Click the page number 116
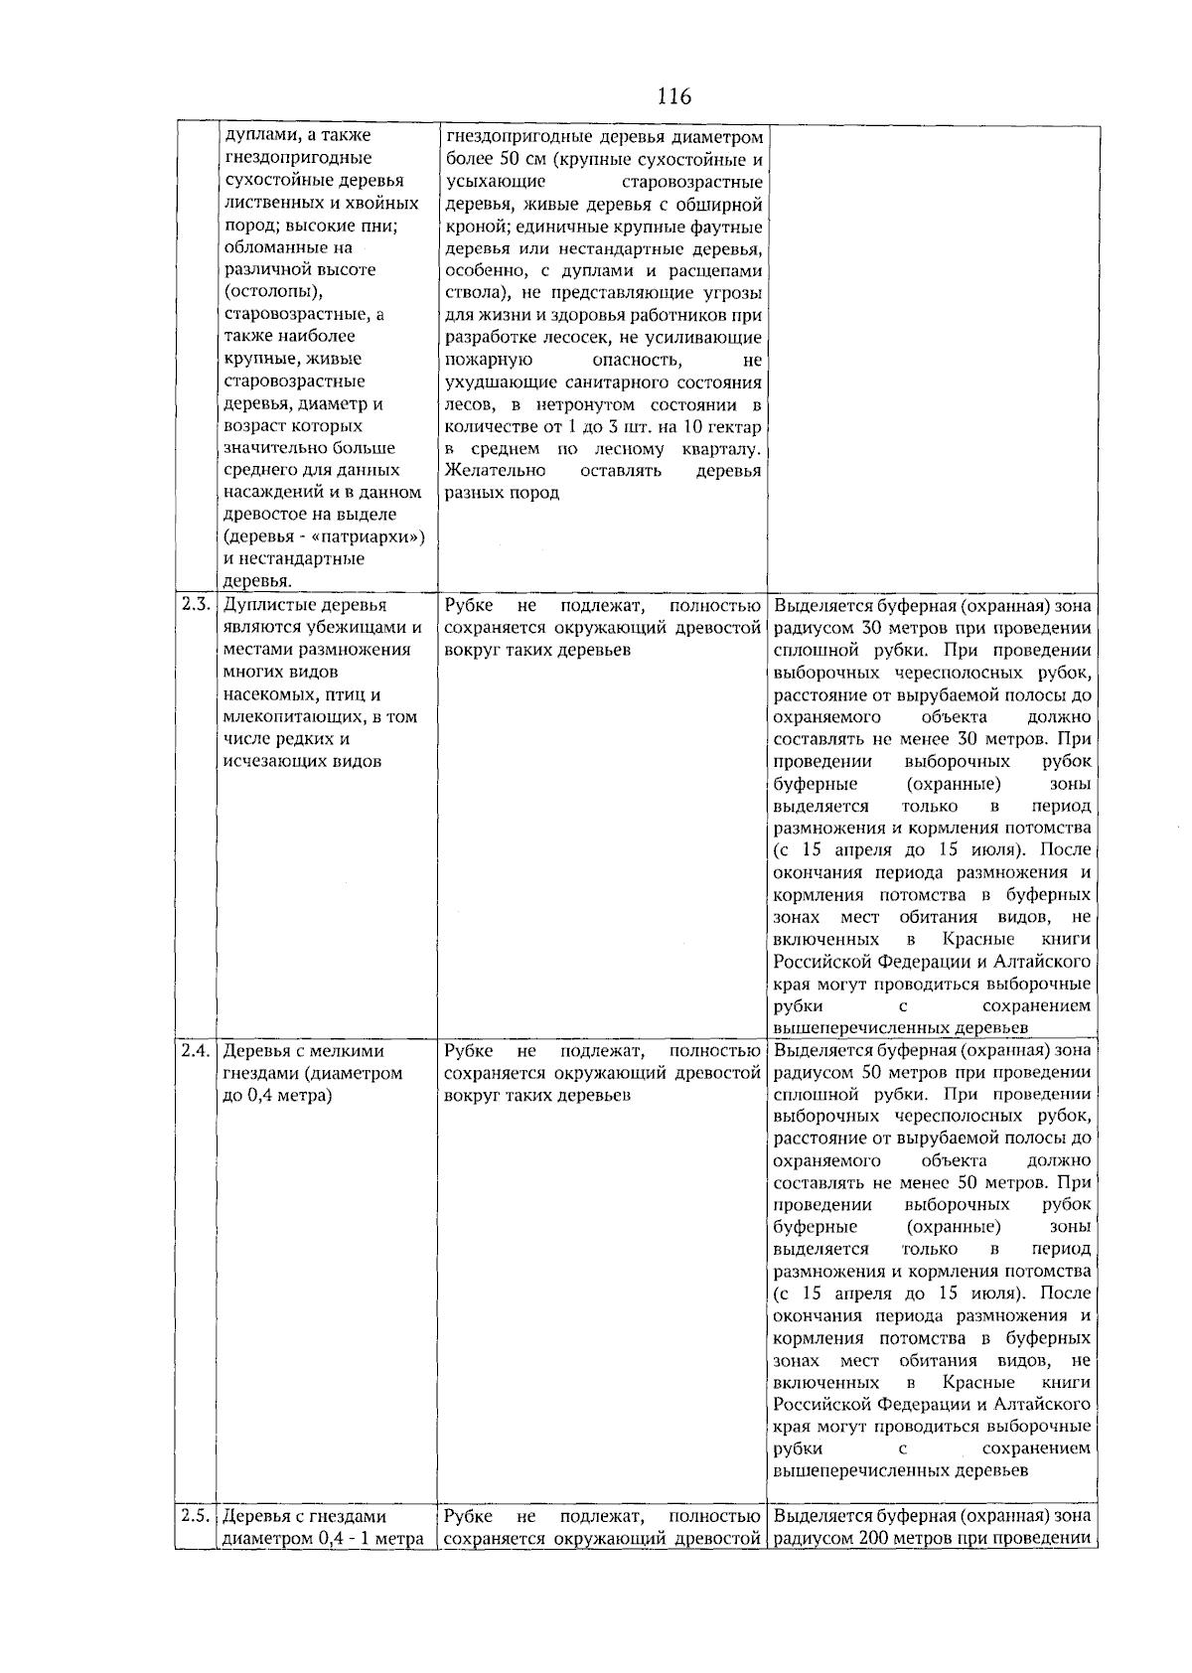click(673, 96)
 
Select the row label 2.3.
click(196, 605)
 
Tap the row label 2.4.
click(196, 1051)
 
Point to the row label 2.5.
click(196, 1517)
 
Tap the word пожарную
click(489, 360)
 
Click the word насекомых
click(262, 695)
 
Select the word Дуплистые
click(265, 605)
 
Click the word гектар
click(736, 427)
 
